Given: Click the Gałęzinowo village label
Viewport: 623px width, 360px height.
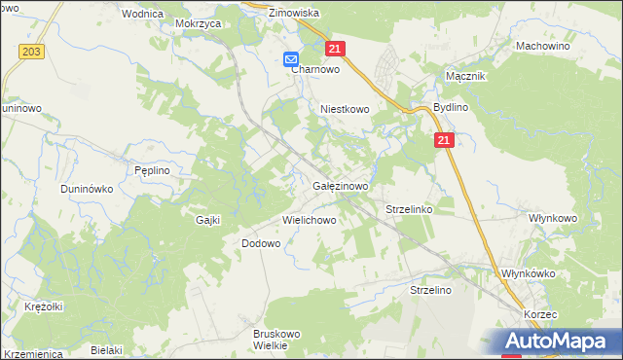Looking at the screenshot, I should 340,185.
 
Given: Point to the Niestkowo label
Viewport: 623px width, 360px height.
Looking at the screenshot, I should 346,110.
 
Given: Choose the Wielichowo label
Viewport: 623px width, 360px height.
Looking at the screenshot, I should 309,220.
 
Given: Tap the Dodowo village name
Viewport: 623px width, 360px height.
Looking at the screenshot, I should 260,243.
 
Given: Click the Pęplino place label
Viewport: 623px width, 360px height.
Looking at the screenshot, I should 152,169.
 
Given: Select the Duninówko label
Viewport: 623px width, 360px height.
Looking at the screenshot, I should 89,189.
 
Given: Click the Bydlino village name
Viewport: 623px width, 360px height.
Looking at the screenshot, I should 451,107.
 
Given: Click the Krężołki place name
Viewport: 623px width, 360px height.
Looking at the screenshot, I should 44,306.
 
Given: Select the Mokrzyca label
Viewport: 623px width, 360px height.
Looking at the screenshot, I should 198,21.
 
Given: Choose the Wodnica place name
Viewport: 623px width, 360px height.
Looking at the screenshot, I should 141,14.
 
